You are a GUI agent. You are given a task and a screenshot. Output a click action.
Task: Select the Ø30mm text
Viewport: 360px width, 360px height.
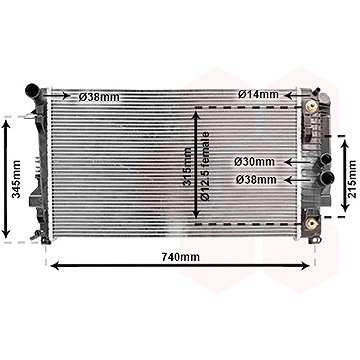pyautogui.click(x=255, y=160)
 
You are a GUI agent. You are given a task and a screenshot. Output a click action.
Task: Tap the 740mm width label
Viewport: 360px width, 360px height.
pyautogui.click(x=180, y=258)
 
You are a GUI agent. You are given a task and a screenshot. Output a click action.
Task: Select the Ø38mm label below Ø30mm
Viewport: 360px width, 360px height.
pyautogui.click(x=255, y=179)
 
